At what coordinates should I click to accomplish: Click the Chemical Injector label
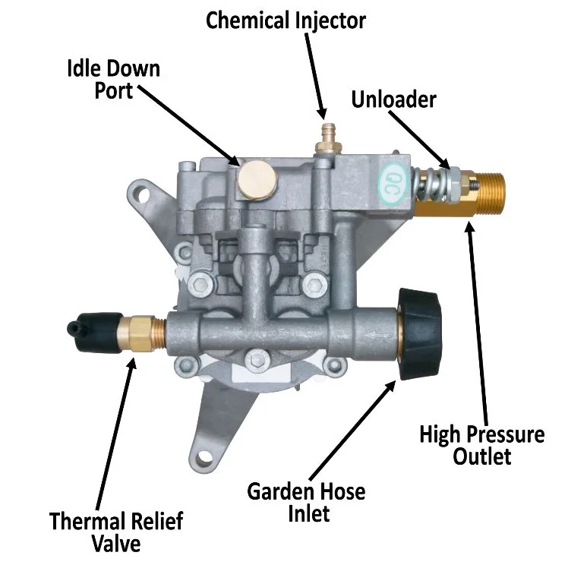(286, 21)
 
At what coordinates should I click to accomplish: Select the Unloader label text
(393, 100)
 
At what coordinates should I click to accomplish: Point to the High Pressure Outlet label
(482, 446)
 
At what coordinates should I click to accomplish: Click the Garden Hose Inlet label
(306, 501)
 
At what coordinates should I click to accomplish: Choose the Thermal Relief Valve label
(116, 532)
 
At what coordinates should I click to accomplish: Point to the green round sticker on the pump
(392, 179)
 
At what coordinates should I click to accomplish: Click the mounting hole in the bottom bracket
(204, 458)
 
